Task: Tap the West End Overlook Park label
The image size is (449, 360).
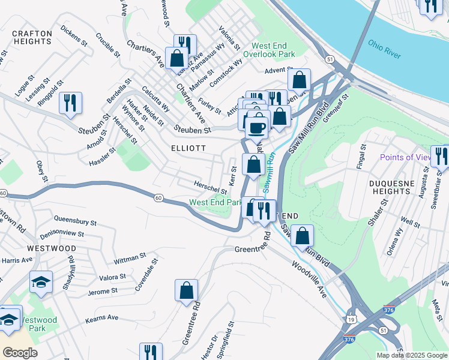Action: tap(273, 50)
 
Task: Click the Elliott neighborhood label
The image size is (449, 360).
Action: tap(188, 148)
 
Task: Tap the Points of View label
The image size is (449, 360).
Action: tap(405, 157)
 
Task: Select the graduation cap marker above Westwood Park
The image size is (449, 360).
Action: tap(41, 281)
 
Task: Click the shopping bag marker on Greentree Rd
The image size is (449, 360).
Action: tap(187, 290)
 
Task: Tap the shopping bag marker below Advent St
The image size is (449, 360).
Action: tap(299, 79)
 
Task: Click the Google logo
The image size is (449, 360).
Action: tap(20, 353)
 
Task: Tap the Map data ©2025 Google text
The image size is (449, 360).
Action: tap(411, 355)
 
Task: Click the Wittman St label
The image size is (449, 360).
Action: tap(130, 259)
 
